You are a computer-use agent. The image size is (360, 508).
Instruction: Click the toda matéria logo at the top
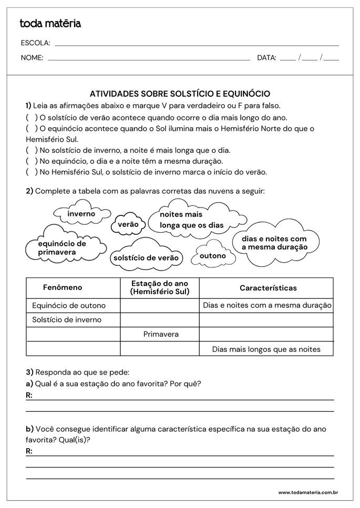point(50,24)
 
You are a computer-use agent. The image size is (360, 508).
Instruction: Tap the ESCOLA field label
point(35,43)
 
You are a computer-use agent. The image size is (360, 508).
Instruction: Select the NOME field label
point(32,58)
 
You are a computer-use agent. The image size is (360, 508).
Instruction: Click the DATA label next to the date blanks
point(266,58)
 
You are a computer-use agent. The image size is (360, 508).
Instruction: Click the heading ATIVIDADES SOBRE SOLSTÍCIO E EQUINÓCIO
point(180,94)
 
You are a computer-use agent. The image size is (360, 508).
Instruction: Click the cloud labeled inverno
point(81,214)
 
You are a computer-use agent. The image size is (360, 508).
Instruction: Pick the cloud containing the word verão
point(128,224)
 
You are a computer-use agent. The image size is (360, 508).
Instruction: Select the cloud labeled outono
point(212,256)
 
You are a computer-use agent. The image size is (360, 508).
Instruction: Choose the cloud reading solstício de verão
point(146,257)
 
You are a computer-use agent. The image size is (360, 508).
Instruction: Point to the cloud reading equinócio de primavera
point(62,248)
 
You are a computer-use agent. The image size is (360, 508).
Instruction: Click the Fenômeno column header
point(63,288)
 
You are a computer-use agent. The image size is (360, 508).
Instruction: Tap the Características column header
point(268,288)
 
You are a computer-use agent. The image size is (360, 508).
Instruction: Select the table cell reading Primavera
point(161,334)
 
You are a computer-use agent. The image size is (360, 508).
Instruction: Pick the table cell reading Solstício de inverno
point(67,319)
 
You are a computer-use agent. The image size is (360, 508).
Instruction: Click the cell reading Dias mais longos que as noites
point(266,349)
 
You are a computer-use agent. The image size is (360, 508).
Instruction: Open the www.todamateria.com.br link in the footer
point(307,492)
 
